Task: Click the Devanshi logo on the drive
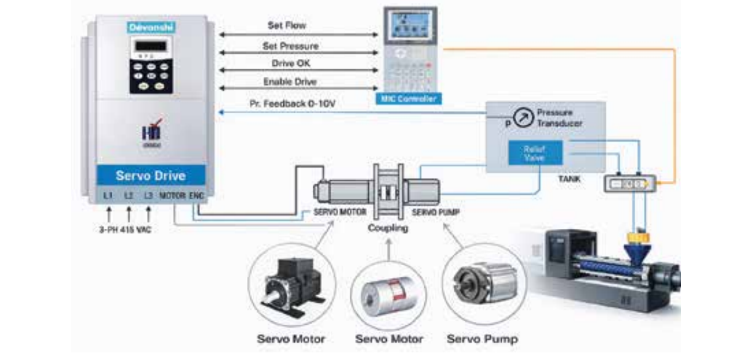151,27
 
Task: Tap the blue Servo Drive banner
151,176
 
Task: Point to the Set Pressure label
290,46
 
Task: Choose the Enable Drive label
290,82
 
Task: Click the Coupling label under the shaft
388,228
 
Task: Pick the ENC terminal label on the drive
197,195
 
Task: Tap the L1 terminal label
108,195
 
